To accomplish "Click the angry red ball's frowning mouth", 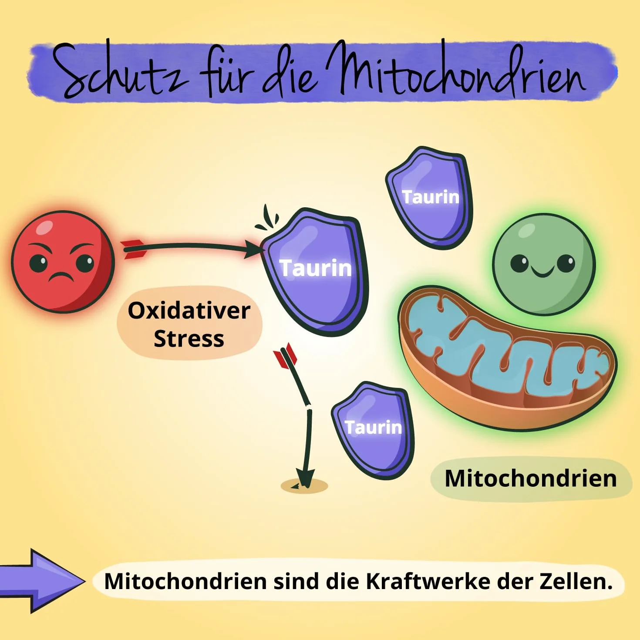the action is [61, 276].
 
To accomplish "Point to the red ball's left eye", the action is [38, 263].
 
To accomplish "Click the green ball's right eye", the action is [566, 263].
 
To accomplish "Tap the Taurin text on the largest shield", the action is [316, 268].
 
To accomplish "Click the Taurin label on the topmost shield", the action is [431, 197].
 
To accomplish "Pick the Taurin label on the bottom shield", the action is [373, 428].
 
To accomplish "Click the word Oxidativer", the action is [189, 311].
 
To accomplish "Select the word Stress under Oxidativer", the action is [189, 339].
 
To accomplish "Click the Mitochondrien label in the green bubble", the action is [531, 478].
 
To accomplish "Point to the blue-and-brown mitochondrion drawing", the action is [508, 359].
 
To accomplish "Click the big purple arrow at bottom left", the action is [41, 581].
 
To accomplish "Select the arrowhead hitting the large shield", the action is [253, 250].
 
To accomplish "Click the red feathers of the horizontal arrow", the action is [134, 249].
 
